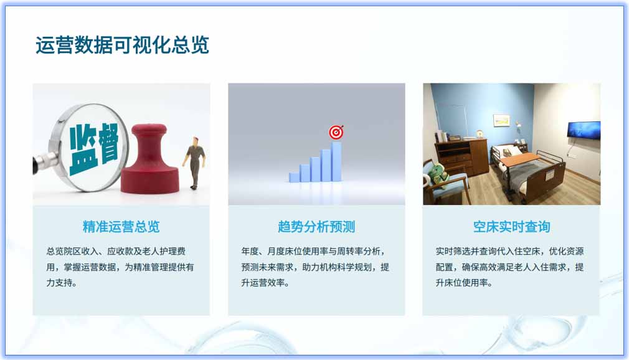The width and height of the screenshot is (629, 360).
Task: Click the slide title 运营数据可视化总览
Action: click(x=122, y=45)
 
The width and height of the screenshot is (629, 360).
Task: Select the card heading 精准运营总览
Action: click(x=121, y=226)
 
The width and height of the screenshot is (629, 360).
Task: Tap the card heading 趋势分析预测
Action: click(x=316, y=226)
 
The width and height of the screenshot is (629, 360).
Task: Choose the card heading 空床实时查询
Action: click(x=511, y=226)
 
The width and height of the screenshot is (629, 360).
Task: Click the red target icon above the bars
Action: click(x=336, y=132)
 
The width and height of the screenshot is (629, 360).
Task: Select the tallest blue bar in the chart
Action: click(x=336, y=162)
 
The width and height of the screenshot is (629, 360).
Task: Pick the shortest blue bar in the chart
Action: click(x=294, y=177)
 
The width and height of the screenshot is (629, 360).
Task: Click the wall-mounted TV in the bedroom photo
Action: click(x=584, y=130)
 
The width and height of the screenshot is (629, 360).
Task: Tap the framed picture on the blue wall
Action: click(x=501, y=120)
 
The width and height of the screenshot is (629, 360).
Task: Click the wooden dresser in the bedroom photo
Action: click(x=461, y=158)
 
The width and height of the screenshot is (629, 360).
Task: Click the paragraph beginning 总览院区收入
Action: click(x=120, y=267)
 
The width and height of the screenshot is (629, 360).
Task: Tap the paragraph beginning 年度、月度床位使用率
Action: click(x=316, y=267)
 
